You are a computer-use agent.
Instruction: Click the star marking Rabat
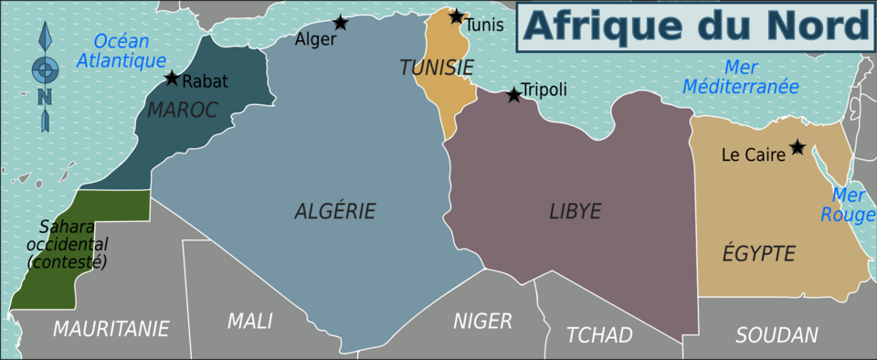tap(172, 79)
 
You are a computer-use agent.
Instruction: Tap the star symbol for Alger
tap(340, 23)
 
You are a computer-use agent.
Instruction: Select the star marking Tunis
tap(457, 16)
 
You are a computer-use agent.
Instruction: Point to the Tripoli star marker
tap(513, 93)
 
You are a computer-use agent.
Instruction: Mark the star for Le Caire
tap(798, 147)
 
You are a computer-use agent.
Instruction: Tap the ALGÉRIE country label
tap(335, 211)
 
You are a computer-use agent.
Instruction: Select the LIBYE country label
tap(575, 211)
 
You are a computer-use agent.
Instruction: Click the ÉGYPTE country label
tap(758, 254)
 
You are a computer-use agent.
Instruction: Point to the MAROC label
tap(183, 111)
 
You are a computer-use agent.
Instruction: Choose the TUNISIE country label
tap(437, 67)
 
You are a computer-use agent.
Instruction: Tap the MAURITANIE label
tap(111, 328)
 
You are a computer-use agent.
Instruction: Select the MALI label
tap(249, 322)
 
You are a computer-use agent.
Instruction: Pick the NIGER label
tap(482, 321)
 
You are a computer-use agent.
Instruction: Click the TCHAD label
tap(599, 335)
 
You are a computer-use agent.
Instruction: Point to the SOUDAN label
tap(777, 335)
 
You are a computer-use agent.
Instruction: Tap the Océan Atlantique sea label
tap(121, 51)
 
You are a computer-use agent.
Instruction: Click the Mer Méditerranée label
tap(760, 77)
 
